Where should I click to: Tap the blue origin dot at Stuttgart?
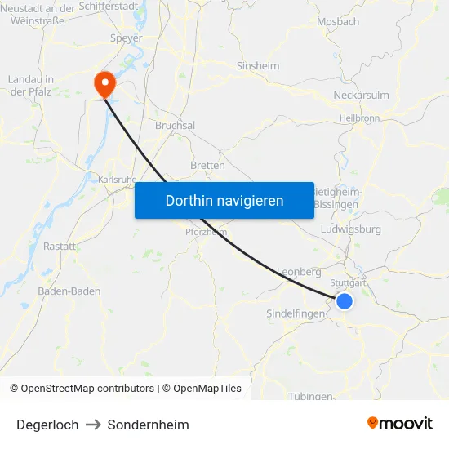pos(345,301)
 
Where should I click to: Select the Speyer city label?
pos(126,38)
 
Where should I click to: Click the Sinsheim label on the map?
pos(257,66)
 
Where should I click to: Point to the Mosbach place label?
pos(337,22)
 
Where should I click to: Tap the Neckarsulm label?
pos(362,96)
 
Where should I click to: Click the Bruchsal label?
pos(175,126)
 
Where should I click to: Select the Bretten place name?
pos(207,165)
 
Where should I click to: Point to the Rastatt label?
pos(60,246)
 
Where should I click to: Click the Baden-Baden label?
pos(69,291)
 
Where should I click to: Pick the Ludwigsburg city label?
pos(352,229)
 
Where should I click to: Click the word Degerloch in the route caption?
pos(47,425)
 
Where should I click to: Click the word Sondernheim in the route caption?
pos(148,425)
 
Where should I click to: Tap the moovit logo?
pos(400,423)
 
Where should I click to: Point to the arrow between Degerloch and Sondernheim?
pos(93,425)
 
